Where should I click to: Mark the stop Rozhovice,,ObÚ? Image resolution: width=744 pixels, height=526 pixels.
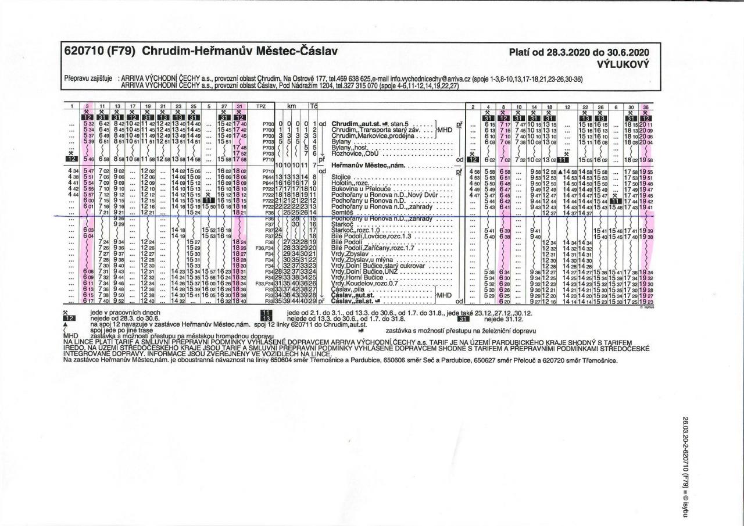(352, 153)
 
